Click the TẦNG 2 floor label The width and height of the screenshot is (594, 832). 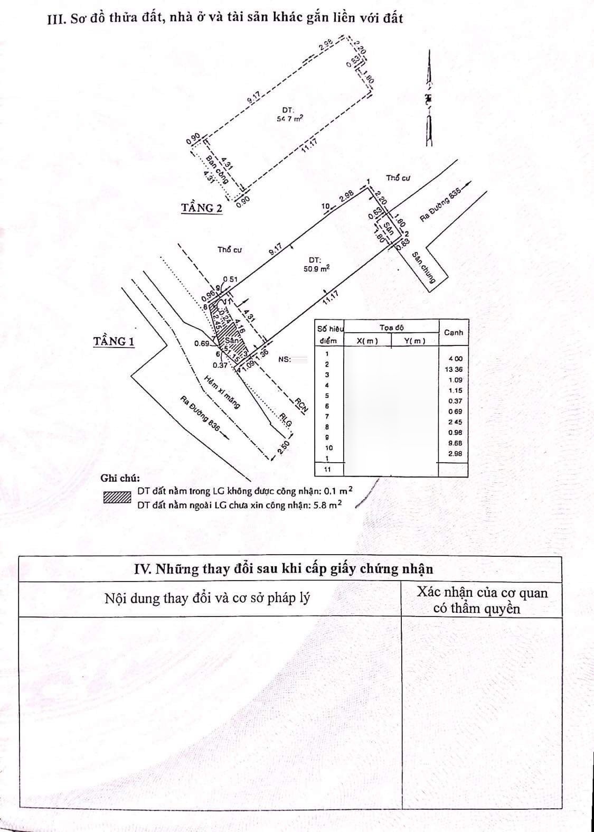point(202,208)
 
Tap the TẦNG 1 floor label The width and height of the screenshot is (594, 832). point(114,342)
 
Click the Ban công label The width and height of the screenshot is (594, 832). point(217,169)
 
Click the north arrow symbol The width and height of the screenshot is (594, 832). point(430,98)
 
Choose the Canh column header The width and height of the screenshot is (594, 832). point(454,333)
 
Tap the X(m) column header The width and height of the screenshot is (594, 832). point(367,341)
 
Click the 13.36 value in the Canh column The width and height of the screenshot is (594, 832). point(454,369)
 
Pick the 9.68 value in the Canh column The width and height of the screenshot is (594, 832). point(454,443)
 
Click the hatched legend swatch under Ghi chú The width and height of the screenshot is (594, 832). point(117,498)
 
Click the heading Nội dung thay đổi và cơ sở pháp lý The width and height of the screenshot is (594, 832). point(207,598)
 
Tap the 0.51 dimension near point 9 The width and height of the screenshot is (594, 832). point(230,279)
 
